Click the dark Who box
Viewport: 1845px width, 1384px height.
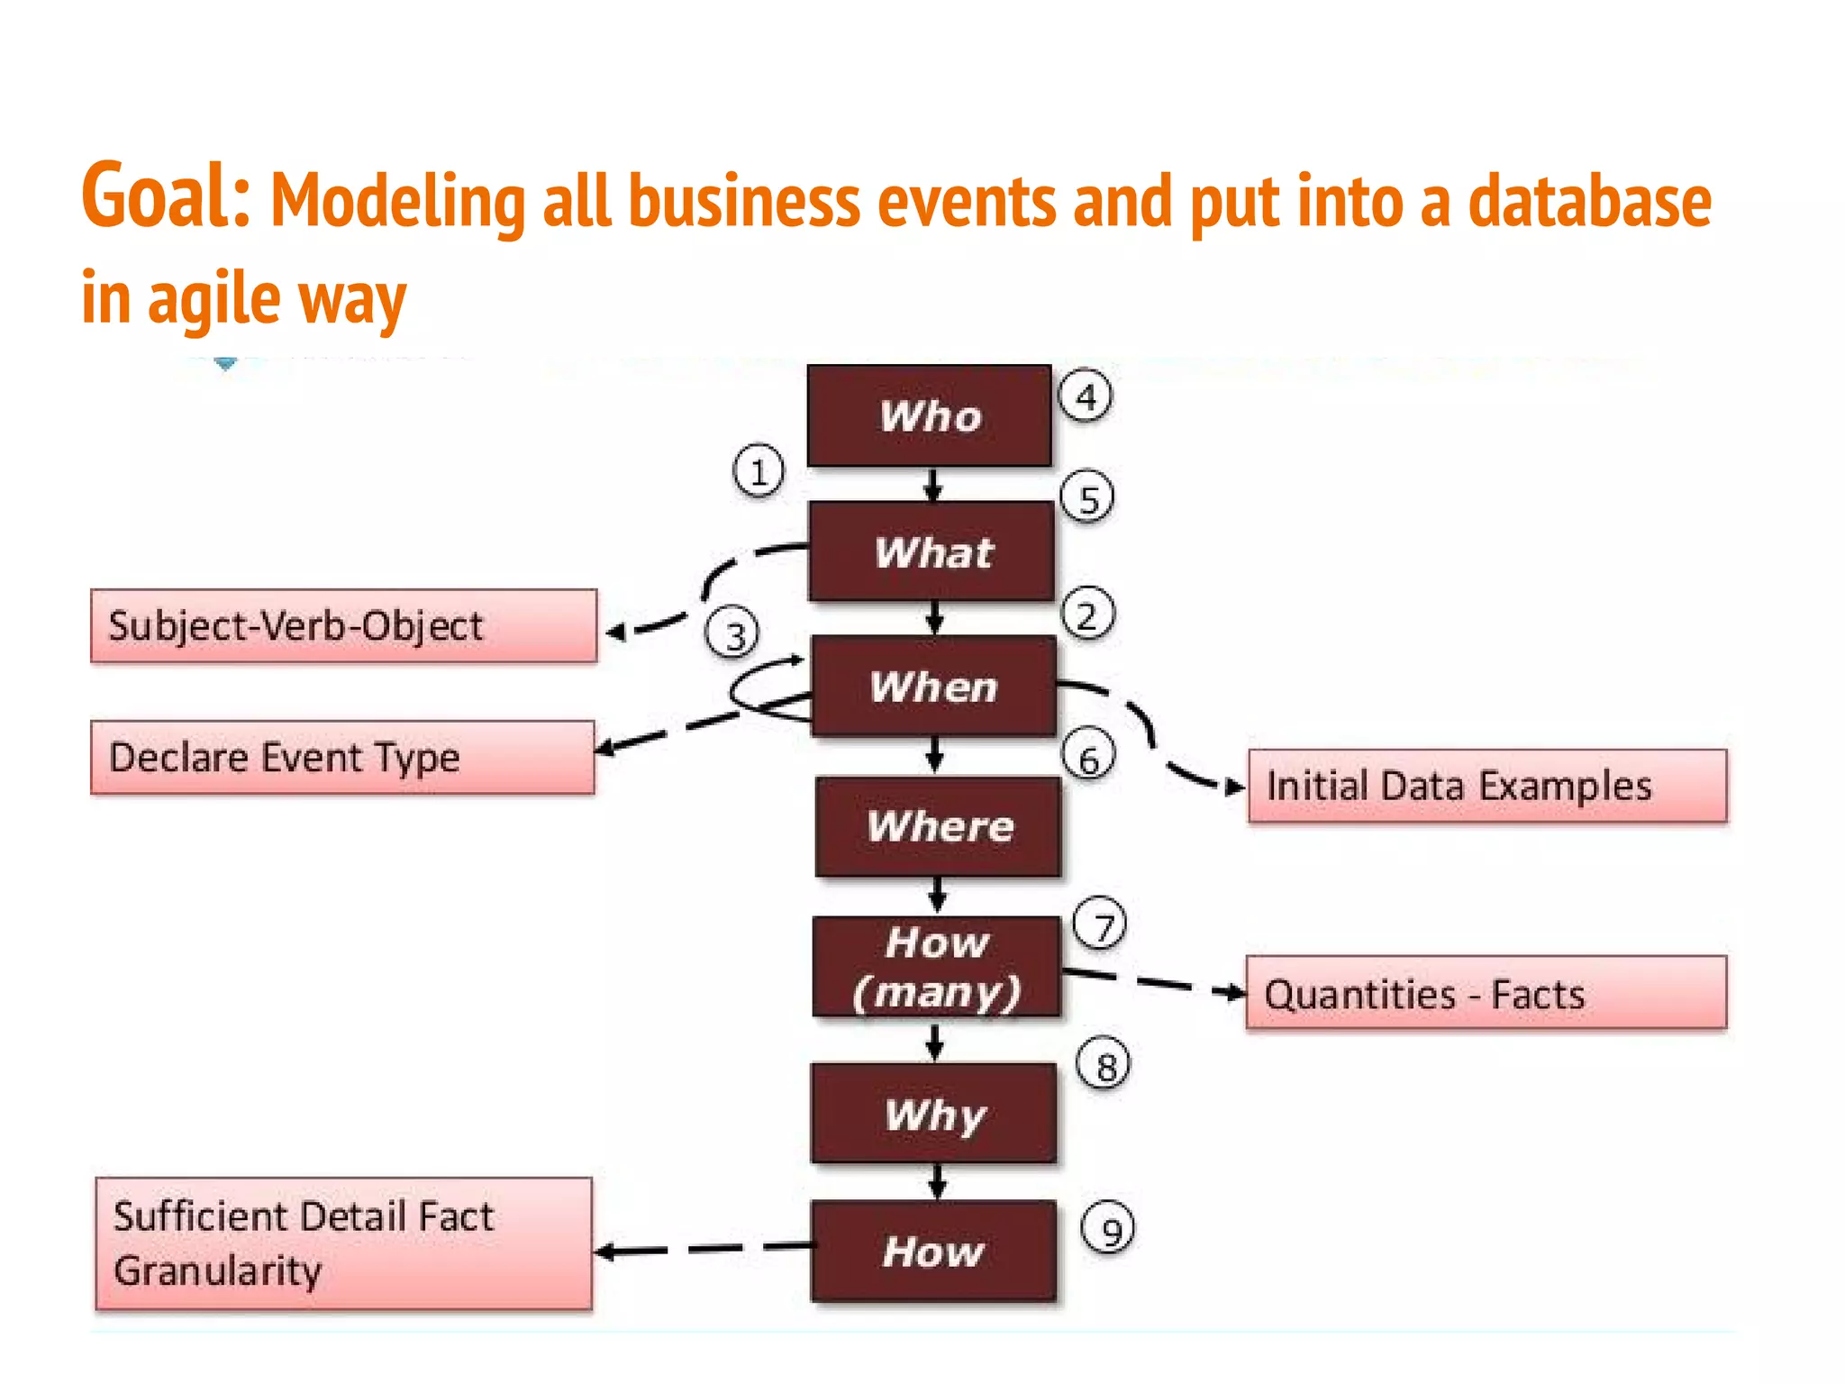click(x=929, y=415)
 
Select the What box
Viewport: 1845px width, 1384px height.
click(x=932, y=551)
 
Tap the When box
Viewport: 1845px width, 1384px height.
click(x=933, y=687)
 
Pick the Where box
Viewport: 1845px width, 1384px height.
click(x=938, y=826)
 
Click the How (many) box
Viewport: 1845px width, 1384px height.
click(x=936, y=967)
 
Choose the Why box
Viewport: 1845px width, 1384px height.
click(x=933, y=1114)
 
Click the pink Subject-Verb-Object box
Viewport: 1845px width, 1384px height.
click(x=343, y=626)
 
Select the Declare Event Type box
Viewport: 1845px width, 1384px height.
click(x=342, y=757)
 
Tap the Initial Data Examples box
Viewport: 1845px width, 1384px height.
click(x=1487, y=786)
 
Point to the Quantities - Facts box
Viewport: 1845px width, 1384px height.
click(x=1486, y=993)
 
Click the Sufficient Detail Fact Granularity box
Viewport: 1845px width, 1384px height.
click(x=343, y=1243)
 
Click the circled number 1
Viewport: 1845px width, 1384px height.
click(x=758, y=471)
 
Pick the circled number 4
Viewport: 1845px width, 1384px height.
click(x=1085, y=396)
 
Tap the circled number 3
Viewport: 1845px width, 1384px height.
click(x=732, y=634)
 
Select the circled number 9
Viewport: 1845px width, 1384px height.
click(x=1107, y=1229)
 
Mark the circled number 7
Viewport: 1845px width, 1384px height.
click(x=1100, y=924)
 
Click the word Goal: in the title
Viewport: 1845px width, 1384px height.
click(x=166, y=196)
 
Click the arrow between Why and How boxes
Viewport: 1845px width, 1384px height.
click(x=937, y=1180)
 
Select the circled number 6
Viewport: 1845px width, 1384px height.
click(x=1088, y=757)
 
